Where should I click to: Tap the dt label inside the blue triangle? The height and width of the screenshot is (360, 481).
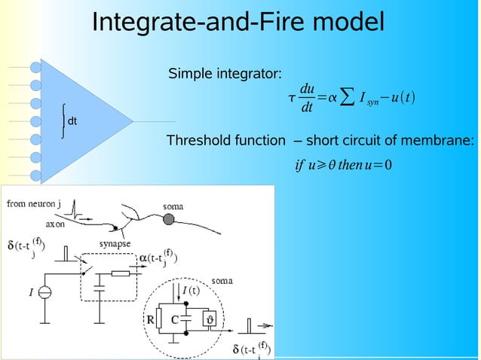72,121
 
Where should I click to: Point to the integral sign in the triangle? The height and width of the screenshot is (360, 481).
63,121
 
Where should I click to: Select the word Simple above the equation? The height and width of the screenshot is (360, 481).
190,74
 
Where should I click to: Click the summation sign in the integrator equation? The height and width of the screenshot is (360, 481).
345,98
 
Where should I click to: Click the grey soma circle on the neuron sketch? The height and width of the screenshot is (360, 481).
170,220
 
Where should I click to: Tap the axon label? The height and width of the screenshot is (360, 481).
55,224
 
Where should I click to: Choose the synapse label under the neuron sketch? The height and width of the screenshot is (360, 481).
118,243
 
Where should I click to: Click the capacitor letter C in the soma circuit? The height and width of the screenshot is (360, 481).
175,319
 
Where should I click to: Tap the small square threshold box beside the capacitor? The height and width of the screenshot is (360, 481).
211,319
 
